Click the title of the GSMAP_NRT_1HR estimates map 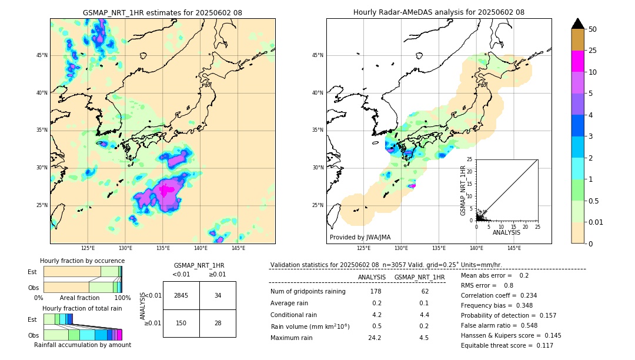click(162, 12)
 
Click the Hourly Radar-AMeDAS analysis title click(439, 12)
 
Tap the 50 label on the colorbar click(593, 29)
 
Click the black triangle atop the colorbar click(578, 24)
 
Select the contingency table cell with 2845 click(181, 295)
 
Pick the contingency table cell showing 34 click(218, 295)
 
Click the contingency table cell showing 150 click(181, 323)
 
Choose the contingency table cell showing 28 click(218, 323)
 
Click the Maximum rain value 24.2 click(375, 338)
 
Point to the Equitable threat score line click(507, 345)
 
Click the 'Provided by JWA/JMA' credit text click(360, 237)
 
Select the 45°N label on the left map click(42, 55)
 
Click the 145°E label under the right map click(514, 248)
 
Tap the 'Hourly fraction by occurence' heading click(82, 261)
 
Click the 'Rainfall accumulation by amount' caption click(82, 345)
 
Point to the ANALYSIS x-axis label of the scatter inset click(507, 232)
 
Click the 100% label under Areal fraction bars click(122, 298)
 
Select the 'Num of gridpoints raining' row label click(308, 292)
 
